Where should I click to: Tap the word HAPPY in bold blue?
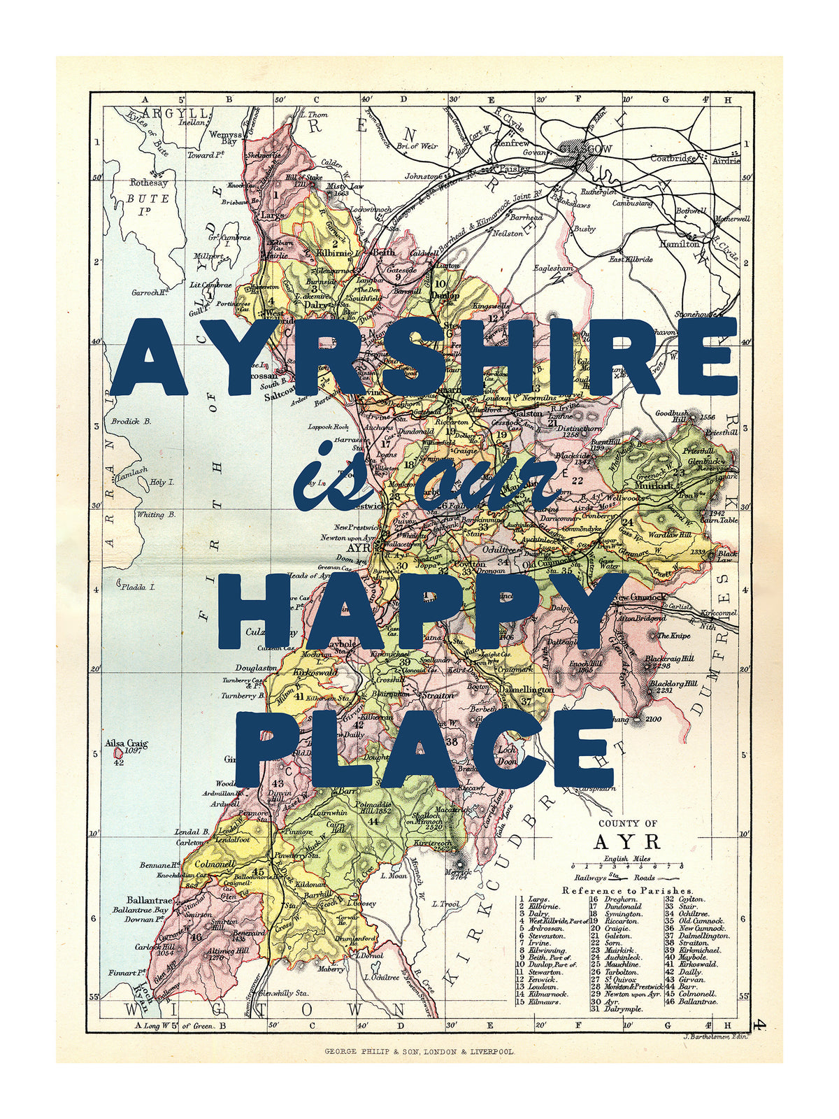pyautogui.click(x=413, y=612)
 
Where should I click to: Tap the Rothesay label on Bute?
pyautogui.click(x=149, y=183)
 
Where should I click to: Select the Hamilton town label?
pyautogui.click(x=679, y=244)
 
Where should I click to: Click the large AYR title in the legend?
pyautogui.click(x=626, y=841)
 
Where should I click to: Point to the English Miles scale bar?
pyautogui.click(x=626, y=867)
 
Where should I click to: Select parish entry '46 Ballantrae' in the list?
pyautogui.click(x=690, y=1002)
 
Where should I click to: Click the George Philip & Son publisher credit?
pyautogui.click(x=419, y=1051)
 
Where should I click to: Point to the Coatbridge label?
pyautogui.click(x=673, y=158)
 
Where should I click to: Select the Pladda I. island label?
pyautogui.click(x=138, y=587)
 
